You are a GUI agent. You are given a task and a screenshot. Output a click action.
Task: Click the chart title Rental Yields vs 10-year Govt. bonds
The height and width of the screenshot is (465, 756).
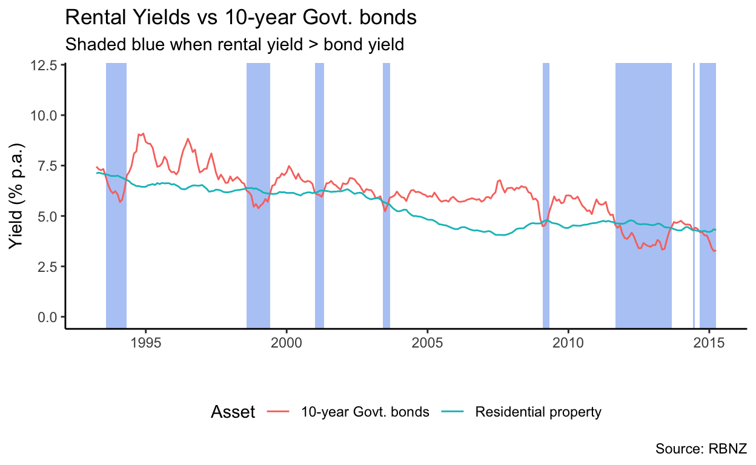[x=240, y=18]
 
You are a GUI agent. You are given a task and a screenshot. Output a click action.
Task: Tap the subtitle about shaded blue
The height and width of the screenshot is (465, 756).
[x=234, y=44]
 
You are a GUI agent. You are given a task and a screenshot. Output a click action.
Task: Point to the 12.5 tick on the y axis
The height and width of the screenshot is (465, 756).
[x=47, y=65]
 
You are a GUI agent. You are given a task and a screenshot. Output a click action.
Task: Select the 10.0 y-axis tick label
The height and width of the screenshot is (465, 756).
[x=47, y=115]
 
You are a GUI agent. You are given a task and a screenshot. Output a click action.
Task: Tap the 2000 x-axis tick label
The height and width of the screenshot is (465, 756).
[x=287, y=342]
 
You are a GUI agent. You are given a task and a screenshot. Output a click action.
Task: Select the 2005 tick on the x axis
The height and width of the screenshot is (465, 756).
[x=428, y=342]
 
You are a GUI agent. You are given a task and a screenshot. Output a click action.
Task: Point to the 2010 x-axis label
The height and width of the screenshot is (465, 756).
[x=568, y=342]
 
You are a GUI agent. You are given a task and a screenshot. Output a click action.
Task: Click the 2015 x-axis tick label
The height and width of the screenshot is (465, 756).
[x=709, y=342]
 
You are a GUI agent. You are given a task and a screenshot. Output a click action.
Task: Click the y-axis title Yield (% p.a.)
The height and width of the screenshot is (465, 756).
[x=17, y=196]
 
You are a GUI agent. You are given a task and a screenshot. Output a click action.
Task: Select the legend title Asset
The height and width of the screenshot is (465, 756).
[x=233, y=412]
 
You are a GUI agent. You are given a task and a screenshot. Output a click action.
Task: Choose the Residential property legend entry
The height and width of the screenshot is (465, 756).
[x=538, y=412]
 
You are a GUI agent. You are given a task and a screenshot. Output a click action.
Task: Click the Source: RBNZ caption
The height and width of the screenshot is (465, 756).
[x=701, y=449]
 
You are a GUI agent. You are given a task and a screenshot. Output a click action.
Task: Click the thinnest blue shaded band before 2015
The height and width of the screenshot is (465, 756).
[x=694, y=194]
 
